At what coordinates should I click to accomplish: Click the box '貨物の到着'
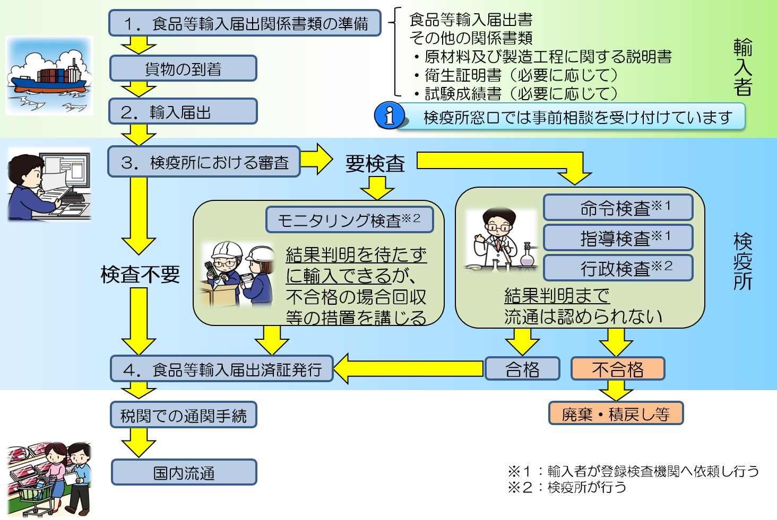tap(183, 68)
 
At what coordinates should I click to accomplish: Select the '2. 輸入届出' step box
tap(183, 111)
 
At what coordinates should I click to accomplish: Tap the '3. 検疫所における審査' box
tap(204, 162)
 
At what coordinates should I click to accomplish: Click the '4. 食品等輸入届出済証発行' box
tap(222, 369)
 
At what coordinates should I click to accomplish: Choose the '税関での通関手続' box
tap(184, 415)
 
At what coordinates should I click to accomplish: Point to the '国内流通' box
tap(184, 472)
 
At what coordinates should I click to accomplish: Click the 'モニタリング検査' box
tap(349, 219)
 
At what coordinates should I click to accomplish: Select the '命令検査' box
tap(618, 207)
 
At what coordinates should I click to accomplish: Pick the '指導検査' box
tap(618, 237)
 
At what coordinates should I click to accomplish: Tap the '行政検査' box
tap(618, 268)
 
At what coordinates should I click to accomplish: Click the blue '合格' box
tap(522, 369)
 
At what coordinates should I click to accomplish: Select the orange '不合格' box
tap(618, 369)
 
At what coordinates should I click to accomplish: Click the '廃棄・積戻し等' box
tap(616, 413)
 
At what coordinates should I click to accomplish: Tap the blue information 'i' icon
tap(389, 115)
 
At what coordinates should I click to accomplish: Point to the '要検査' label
tap(375, 163)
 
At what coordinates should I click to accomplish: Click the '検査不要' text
tap(140, 275)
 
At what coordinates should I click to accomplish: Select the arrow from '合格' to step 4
tap(409, 369)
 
